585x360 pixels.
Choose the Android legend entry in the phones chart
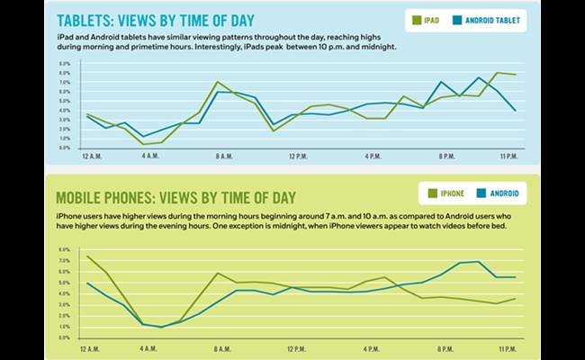coord(500,193)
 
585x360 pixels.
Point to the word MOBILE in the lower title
coord(84,198)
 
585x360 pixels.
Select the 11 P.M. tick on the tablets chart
coord(508,156)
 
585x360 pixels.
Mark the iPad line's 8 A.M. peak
coord(218,82)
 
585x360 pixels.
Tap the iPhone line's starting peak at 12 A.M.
coord(87,256)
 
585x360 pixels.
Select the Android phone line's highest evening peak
coord(478,262)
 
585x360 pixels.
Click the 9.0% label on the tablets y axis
coord(65,65)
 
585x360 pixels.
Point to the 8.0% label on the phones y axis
coord(65,250)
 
